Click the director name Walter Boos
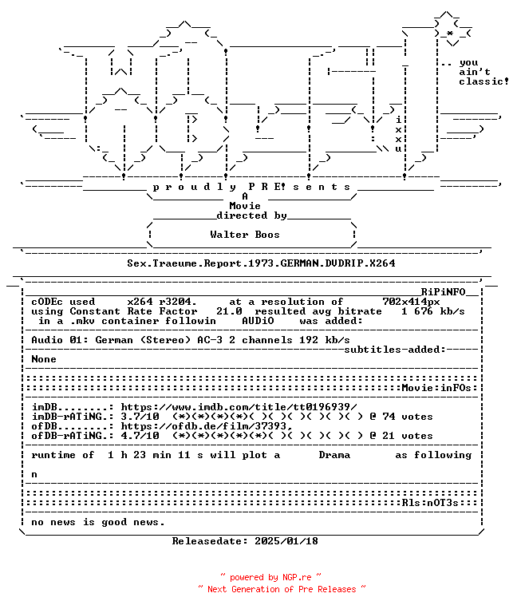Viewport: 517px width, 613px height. (x=245, y=235)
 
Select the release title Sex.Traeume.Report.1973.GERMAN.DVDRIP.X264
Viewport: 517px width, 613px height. (x=261, y=263)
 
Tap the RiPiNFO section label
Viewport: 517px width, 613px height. (x=443, y=292)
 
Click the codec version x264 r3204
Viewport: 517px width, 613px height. (x=162, y=302)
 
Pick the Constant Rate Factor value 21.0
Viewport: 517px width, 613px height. (x=229, y=311)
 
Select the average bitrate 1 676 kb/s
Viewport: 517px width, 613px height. (x=433, y=311)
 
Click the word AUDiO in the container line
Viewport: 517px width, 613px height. (x=258, y=321)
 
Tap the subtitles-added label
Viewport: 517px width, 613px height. (x=395, y=350)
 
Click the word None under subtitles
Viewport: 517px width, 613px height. (x=44, y=359)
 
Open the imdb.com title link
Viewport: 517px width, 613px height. (x=239, y=407)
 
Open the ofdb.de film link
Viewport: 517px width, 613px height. (x=207, y=426)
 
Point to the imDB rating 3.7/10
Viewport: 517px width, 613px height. (x=140, y=417)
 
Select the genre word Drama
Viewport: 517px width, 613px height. (x=334, y=455)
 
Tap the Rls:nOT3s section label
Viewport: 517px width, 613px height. (x=430, y=503)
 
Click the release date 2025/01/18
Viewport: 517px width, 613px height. (x=286, y=541)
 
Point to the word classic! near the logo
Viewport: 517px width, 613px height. (x=483, y=81)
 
